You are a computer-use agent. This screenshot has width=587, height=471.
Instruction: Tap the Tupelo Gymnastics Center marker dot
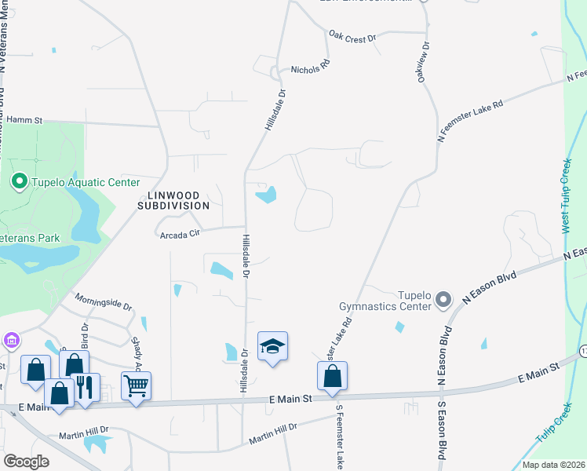click(443, 300)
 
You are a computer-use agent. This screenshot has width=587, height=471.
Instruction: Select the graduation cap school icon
click(272, 346)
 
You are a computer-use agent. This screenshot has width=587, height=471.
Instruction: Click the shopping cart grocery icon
click(136, 386)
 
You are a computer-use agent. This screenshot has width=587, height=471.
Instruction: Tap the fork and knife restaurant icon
click(86, 388)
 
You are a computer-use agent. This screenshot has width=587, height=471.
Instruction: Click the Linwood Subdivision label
click(173, 199)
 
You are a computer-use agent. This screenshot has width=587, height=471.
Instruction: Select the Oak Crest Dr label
click(354, 35)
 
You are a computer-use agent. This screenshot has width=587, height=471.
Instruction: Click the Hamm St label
click(24, 120)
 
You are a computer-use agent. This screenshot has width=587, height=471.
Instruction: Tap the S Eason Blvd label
click(442, 424)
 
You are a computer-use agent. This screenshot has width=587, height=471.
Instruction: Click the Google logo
click(26, 461)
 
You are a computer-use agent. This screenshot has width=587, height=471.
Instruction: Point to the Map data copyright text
click(552, 465)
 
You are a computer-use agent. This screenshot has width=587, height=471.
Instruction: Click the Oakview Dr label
click(425, 63)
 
